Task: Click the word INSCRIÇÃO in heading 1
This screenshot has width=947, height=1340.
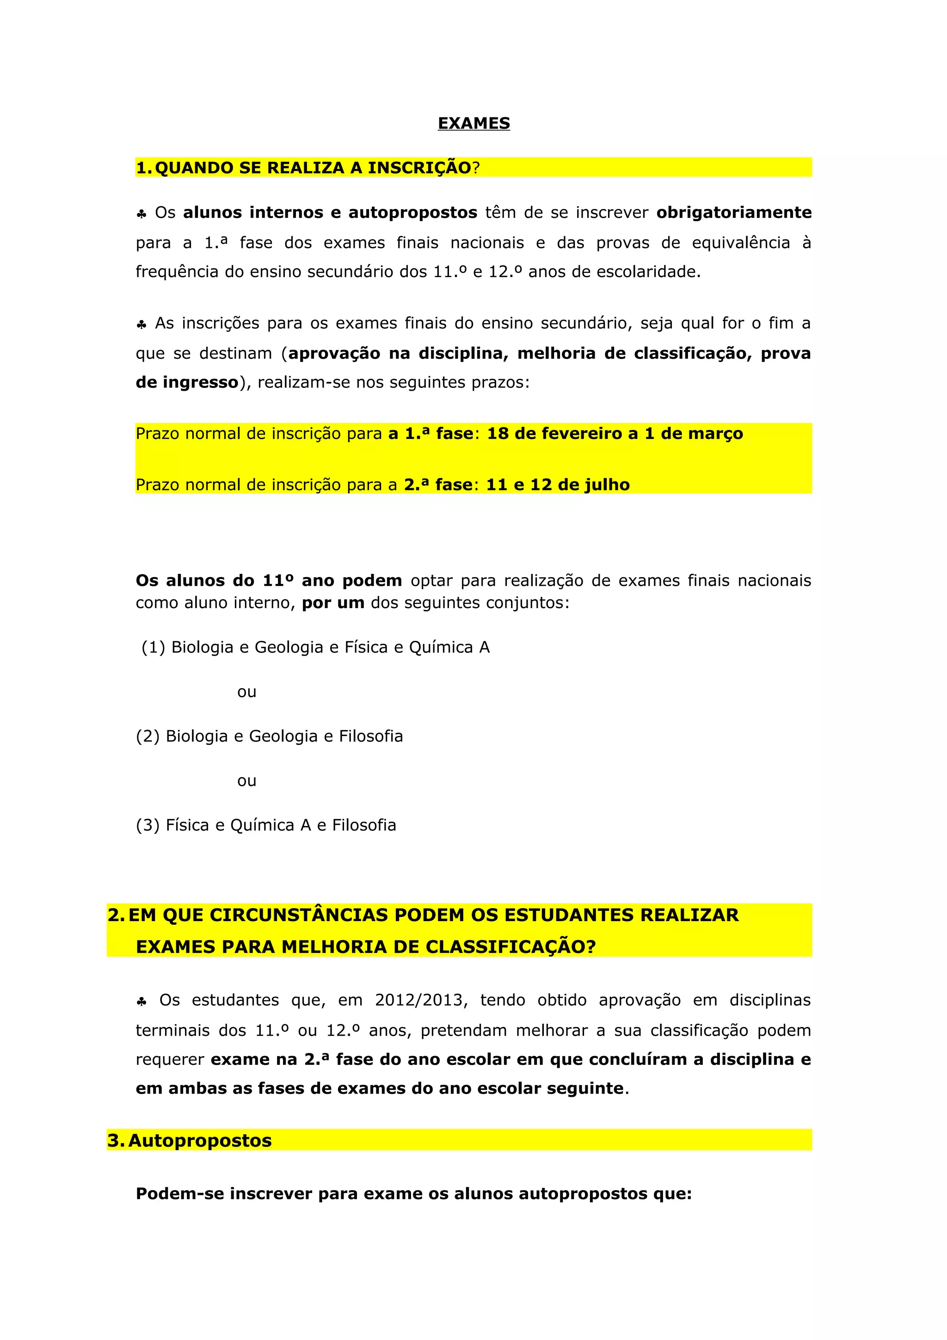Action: coord(419,168)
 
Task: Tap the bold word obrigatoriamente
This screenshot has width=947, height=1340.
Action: coord(733,212)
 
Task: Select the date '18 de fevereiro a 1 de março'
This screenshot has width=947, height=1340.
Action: coord(615,434)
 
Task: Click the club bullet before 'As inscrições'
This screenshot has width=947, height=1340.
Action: coord(141,325)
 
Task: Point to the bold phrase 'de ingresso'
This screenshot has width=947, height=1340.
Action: coord(187,382)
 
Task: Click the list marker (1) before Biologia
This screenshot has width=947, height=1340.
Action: coord(154,647)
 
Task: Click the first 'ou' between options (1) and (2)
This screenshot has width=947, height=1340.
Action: coord(246,692)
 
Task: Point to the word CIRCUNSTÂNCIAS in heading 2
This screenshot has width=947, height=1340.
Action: coord(299,915)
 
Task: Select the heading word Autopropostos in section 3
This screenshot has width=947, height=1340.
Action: coord(200,1140)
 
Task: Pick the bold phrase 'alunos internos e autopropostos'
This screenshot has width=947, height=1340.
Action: coord(330,212)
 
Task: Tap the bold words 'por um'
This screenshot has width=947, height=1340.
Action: coord(332,602)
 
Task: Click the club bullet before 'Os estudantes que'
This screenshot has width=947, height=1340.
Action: coord(141,1002)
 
